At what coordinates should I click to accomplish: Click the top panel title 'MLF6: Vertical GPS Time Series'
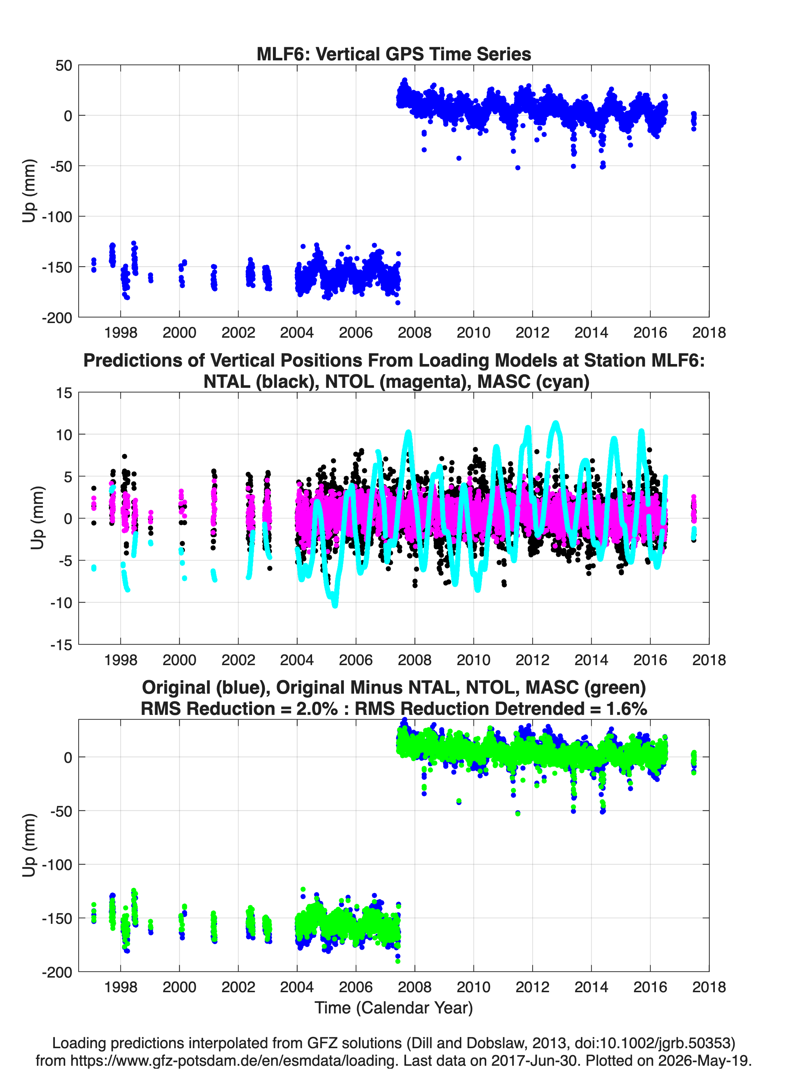pos(394,54)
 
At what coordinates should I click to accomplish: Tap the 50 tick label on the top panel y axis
pos(64,65)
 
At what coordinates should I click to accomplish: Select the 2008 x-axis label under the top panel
pos(415,333)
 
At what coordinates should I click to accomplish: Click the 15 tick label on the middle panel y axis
pos(64,393)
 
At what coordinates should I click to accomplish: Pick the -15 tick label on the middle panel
pos(61,645)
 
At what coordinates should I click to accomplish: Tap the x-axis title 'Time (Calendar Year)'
pos(394,1007)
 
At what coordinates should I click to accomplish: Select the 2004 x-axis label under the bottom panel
pos(297,987)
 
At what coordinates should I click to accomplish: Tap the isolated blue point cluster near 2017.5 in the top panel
pos(693,121)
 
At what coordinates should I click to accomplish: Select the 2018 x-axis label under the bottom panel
pos(709,987)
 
